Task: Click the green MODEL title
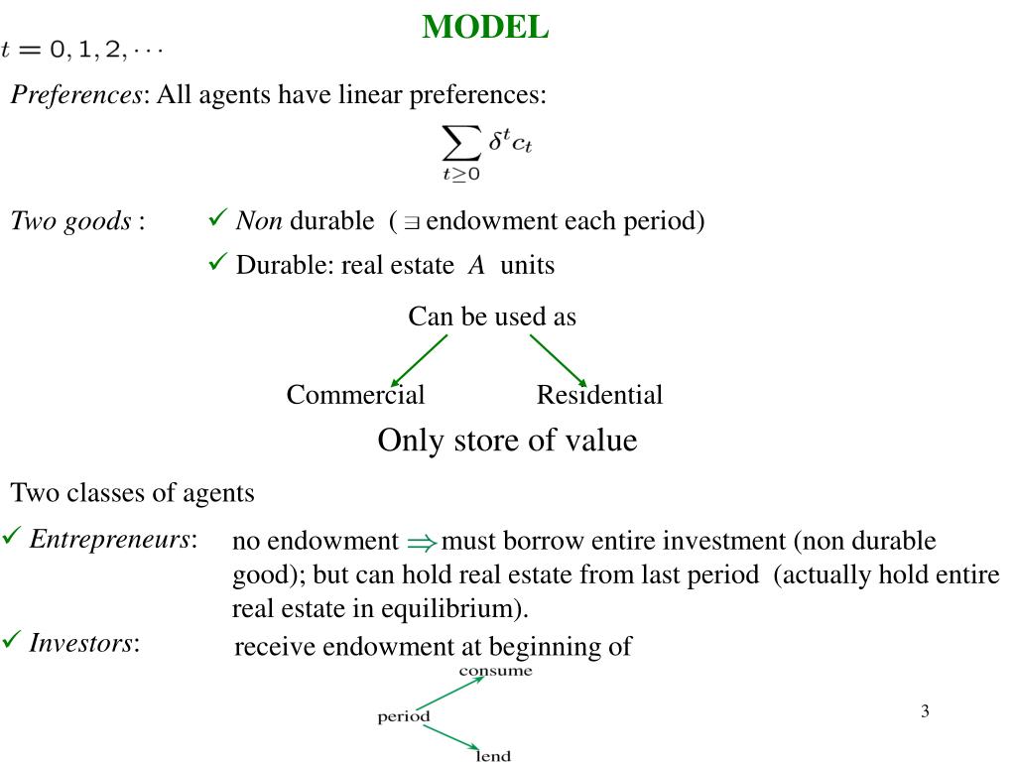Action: tap(485, 27)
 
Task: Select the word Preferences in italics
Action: tap(76, 95)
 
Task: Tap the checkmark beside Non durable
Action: tap(217, 218)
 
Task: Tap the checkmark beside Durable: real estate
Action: tap(217, 263)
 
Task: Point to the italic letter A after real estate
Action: tap(476, 266)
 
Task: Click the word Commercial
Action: tap(355, 395)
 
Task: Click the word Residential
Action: tap(599, 395)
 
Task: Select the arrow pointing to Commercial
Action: tap(419, 359)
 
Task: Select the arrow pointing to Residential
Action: tap(559, 359)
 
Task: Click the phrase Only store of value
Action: tap(507, 441)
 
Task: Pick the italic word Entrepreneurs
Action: tap(109, 539)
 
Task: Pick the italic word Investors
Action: tap(81, 643)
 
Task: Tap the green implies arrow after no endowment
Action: tap(421, 543)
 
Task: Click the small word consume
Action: tap(495, 671)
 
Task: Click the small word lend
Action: tap(493, 756)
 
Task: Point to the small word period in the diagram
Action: tap(404, 716)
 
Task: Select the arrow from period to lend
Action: tap(451, 738)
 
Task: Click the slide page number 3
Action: tap(925, 710)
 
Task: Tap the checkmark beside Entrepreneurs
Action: tap(12, 537)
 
